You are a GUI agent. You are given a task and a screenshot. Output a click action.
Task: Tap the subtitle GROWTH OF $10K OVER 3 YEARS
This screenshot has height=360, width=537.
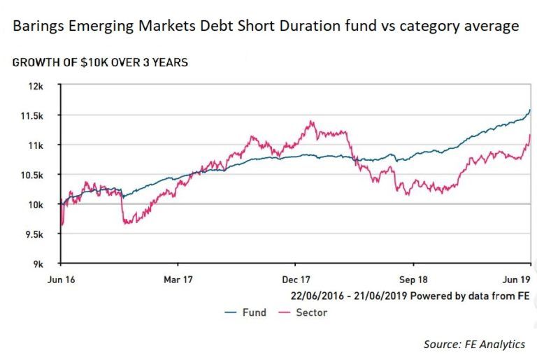(x=99, y=62)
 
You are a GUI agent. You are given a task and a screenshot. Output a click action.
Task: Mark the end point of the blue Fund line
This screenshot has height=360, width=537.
(x=531, y=110)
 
